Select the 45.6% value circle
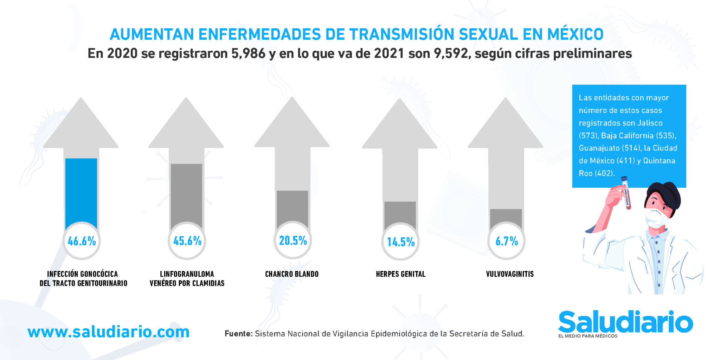[x=187, y=241]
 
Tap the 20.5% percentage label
[x=293, y=240]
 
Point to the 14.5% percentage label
[x=401, y=242]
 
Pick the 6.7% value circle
[x=507, y=241]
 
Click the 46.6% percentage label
[x=82, y=241]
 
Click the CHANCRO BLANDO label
[x=292, y=274]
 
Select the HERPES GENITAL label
[x=401, y=274]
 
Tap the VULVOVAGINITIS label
[x=510, y=274]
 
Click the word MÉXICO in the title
[x=575, y=34]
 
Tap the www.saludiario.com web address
[x=108, y=332]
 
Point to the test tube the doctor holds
[x=626, y=193]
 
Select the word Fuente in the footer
[x=239, y=333]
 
